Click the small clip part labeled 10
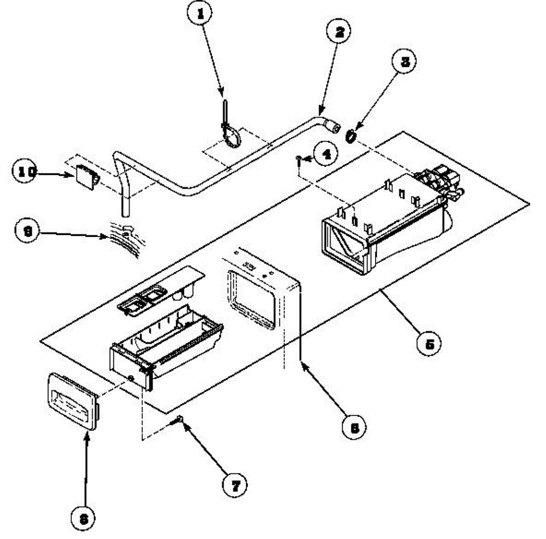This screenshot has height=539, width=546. pos(86,176)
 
